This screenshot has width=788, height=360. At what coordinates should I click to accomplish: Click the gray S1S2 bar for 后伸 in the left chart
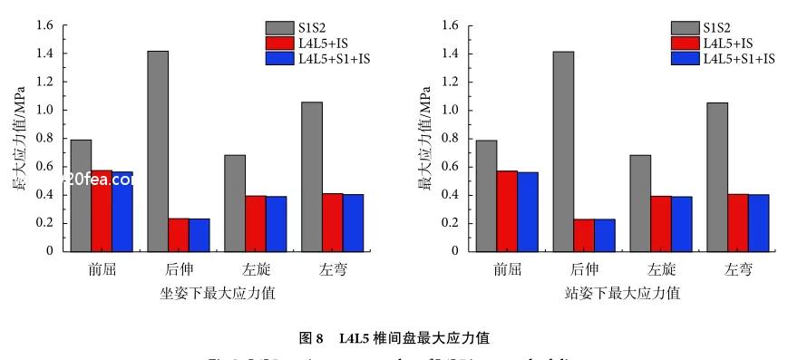point(157,151)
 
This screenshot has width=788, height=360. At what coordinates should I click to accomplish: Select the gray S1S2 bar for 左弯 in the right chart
point(717,177)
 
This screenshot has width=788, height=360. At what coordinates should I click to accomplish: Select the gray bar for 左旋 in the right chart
point(640,203)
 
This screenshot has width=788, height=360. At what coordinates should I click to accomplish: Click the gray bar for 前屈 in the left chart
point(81,195)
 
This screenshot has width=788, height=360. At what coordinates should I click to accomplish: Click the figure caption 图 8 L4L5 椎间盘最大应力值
point(394,338)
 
